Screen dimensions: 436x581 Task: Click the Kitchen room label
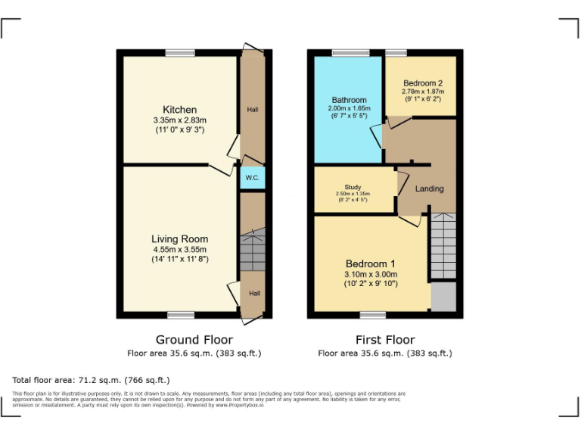click(x=179, y=110)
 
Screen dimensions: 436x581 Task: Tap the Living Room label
click(x=179, y=239)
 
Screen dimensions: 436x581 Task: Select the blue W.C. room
click(x=252, y=178)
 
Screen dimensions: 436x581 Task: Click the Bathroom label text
click(x=349, y=100)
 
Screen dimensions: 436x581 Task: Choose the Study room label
click(x=353, y=187)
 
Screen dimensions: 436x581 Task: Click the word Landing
click(x=429, y=188)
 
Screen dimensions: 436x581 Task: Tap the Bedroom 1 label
click(x=370, y=264)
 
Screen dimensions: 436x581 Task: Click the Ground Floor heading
click(x=194, y=340)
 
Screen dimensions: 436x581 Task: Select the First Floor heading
click(x=384, y=340)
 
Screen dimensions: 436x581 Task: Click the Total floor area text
click(x=92, y=380)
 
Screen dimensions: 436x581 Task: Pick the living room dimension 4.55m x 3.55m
click(x=179, y=249)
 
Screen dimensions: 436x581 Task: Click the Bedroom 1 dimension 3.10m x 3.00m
click(x=370, y=274)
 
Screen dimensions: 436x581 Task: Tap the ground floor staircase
click(x=252, y=251)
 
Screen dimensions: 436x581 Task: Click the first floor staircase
click(x=443, y=246)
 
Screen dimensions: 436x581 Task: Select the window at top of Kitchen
click(x=180, y=52)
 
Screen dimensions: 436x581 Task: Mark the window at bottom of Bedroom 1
click(x=371, y=315)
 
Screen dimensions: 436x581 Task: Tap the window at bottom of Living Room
click(x=180, y=315)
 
